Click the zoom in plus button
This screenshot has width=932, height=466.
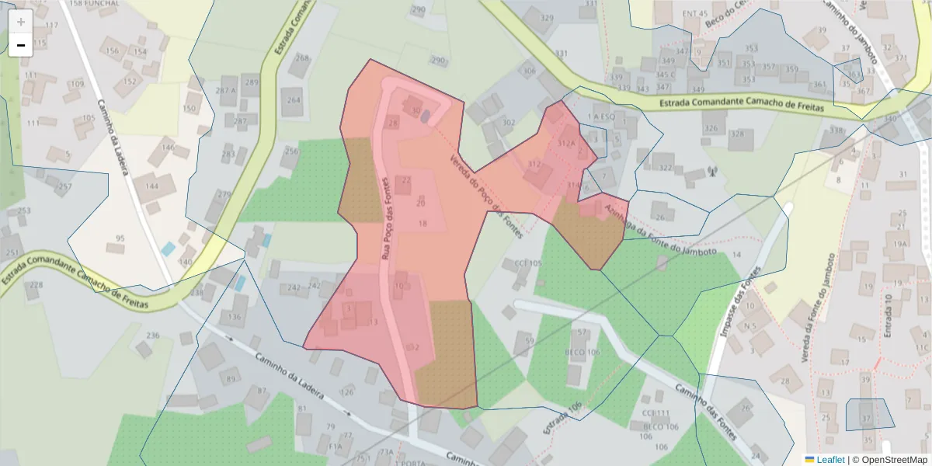(20, 21)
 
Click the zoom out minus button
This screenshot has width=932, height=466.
(20, 45)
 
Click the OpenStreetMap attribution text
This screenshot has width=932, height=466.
(889, 460)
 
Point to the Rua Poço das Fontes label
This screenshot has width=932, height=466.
(388, 217)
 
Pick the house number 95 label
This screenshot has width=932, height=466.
(120, 238)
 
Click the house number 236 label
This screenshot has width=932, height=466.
(153, 336)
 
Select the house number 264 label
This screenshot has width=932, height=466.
(294, 99)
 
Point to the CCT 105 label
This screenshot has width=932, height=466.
(527, 263)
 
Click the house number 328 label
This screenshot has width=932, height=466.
(737, 134)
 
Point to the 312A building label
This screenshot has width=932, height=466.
(566, 144)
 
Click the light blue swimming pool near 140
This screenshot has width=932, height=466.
(169, 249)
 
